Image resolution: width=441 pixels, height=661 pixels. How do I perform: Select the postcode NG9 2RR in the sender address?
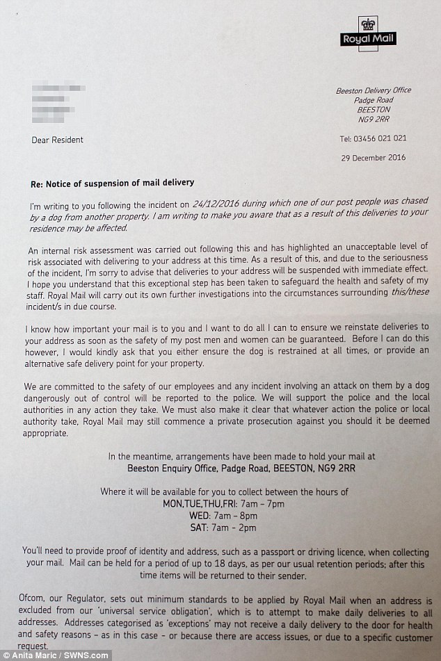coord(374,120)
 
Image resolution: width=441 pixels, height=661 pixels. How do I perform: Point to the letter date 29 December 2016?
coord(372,157)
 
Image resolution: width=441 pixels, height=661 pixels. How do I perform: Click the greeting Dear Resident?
coord(57,140)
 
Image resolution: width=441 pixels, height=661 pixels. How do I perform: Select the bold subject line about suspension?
coord(112,182)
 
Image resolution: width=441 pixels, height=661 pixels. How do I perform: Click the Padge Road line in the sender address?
coord(374,100)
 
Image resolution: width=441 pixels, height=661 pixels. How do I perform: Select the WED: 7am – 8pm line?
coord(223,515)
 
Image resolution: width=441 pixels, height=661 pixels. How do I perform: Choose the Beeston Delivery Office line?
coord(374,90)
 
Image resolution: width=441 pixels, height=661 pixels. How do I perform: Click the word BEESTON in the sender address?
coord(374,110)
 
